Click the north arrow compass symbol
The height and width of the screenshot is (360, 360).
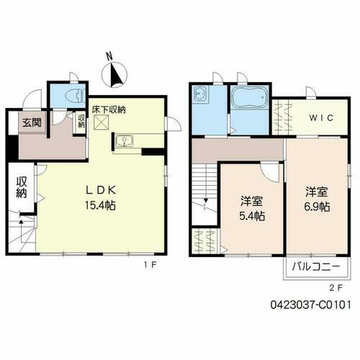115,71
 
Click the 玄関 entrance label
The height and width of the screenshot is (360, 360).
31,123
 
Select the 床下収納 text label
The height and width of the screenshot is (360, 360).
109,109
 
